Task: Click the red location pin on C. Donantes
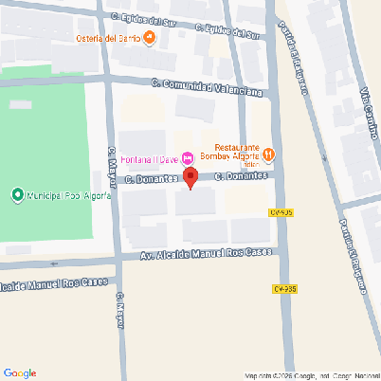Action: pyautogui.click(x=190, y=177)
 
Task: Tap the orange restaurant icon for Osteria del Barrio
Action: pyautogui.click(x=150, y=39)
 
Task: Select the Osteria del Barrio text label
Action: pyautogui.click(x=107, y=39)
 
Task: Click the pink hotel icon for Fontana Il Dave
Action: pyautogui.click(x=188, y=156)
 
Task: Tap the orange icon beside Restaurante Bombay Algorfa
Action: pyautogui.click(x=268, y=153)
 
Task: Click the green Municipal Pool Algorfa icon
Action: pyautogui.click(x=16, y=195)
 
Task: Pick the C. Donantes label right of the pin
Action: pyautogui.click(x=241, y=175)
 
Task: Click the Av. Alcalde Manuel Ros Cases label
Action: pyautogui.click(x=206, y=254)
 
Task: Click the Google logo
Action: pyautogui.click(x=20, y=372)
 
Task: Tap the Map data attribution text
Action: pyautogui.click(x=311, y=375)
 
